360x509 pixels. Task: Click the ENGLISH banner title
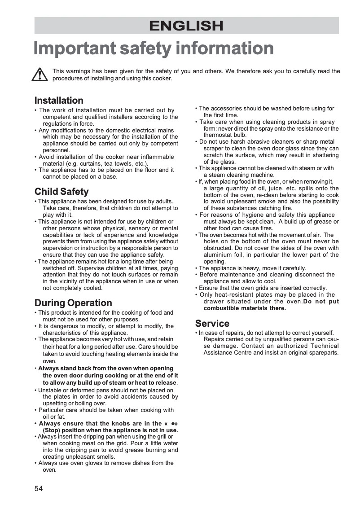[186, 26]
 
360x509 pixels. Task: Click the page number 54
[38, 488]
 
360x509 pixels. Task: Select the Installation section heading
[59, 100]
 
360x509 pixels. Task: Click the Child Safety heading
[61, 192]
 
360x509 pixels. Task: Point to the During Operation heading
[73, 303]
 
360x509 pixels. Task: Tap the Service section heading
[212, 323]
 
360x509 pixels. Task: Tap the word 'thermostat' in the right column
[218, 135]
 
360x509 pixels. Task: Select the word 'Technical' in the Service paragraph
[325, 346]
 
